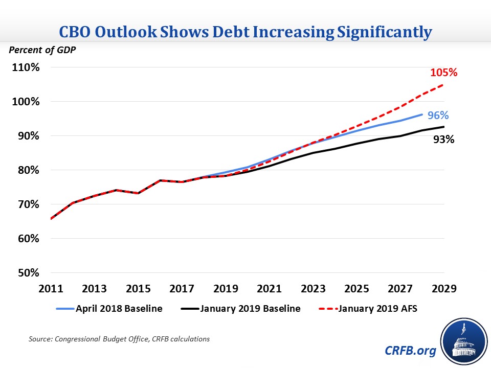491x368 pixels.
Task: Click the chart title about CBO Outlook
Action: (x=245, y=32)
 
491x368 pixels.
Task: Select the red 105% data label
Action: (x=443, y=73)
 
